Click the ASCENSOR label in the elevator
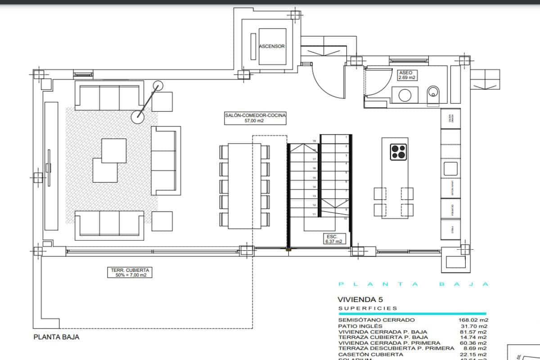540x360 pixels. point(272,46)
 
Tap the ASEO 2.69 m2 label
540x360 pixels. point(406,75)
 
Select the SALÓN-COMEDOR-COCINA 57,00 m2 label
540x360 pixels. point(255,118)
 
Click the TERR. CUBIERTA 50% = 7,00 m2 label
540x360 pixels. point(129,272)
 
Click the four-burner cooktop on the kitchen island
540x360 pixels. point(398,152)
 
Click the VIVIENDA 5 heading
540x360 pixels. point(357,299)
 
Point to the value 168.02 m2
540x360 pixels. point(470,320)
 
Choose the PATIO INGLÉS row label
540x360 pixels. point(360,326)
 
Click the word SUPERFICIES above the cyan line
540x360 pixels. point(368,309)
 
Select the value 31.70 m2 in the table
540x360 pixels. point(471,326)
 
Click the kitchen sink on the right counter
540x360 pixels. point(450,169)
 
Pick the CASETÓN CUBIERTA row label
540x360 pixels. point(370,355)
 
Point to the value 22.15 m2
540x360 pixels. point(471,355)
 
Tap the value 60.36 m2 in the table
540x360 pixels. point(471,343)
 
